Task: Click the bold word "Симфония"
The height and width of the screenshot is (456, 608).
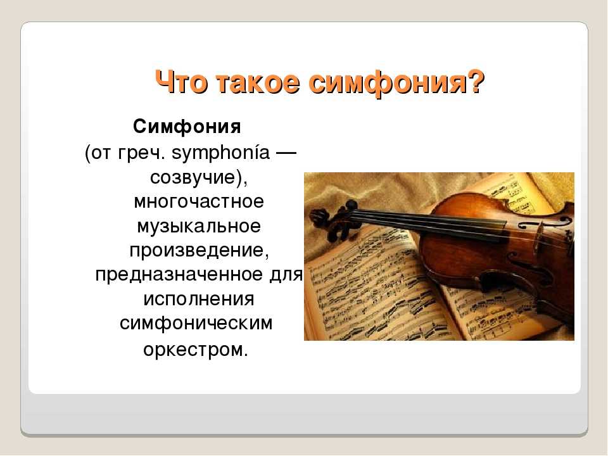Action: click(187, 127)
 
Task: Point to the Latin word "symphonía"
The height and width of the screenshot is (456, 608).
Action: click(222, 154)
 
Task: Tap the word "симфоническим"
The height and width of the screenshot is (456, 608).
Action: click(196, 323)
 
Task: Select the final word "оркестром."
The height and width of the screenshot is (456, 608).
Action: click(196, 348)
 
